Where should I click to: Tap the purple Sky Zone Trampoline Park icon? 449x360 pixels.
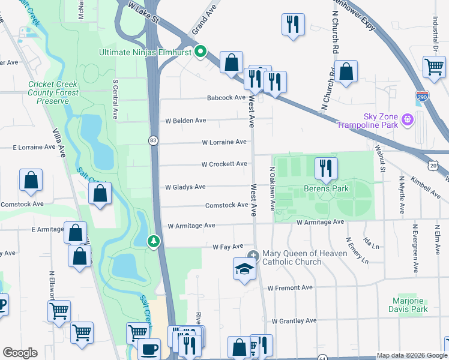pyautogui.click(x=408, y=119)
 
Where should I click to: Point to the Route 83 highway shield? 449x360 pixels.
pyautogui.click(x=154, y=140)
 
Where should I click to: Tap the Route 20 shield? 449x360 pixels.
pyautogui.click(x=433, y=164)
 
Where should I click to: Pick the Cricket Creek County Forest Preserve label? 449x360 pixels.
pyautogui.click(x=53, y=93)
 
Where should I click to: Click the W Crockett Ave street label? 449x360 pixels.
pyautogui.click(x=224, y=164)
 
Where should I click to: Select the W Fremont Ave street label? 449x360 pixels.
pyautogui.click(x=291, y=288)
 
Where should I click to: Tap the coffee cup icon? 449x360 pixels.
pyautogui.click(x=149, y=349)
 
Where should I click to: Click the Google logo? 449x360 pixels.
pyautogui.click(x=20, y=353)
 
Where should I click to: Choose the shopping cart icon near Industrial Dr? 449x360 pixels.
pyautogui.click(x=434, y=66)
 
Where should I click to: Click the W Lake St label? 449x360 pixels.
pyautogui.click(x=143, y=12)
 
